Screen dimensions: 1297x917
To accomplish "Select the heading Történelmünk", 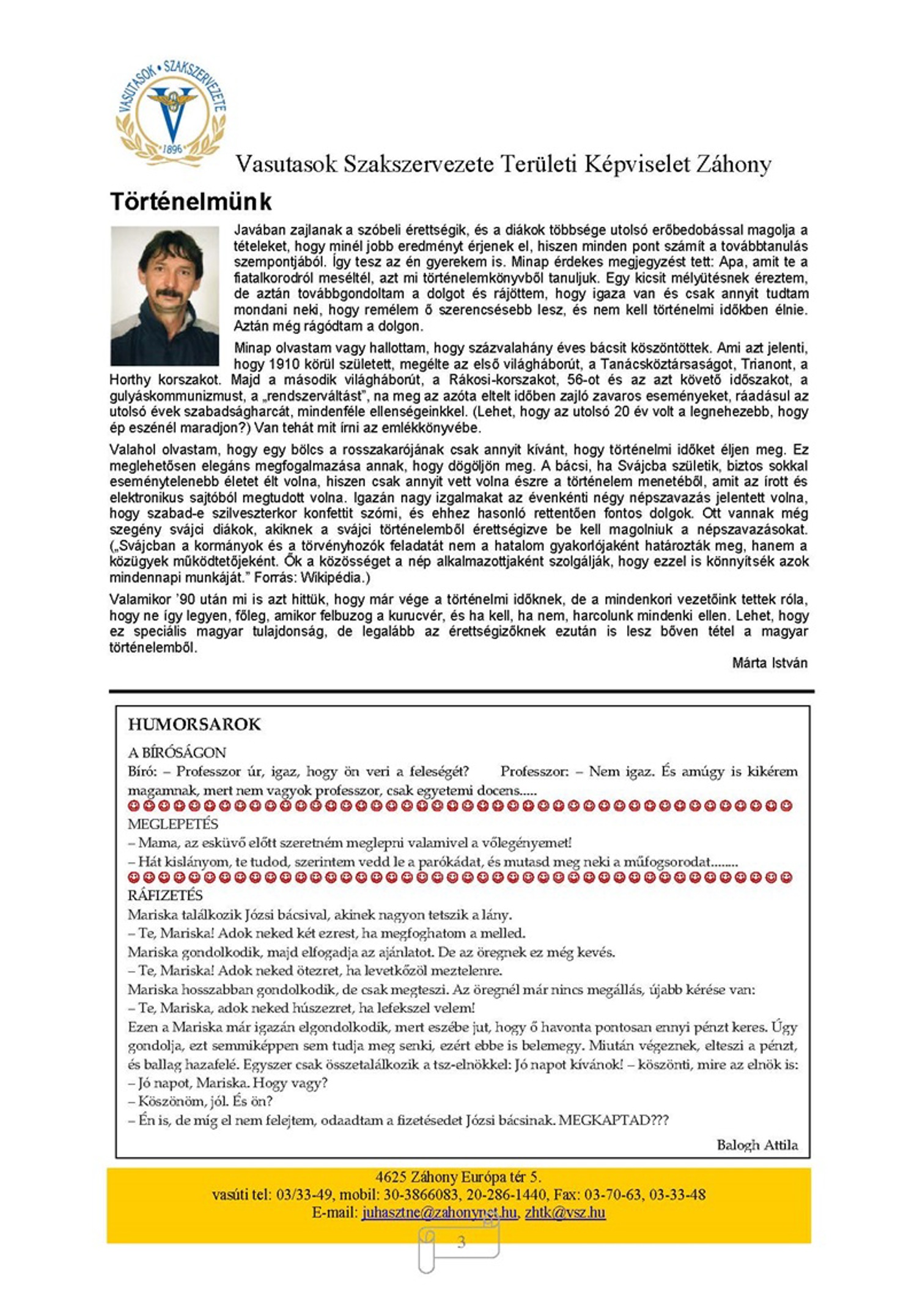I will (x=191, y=202).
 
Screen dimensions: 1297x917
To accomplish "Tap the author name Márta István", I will (x=769, y=663).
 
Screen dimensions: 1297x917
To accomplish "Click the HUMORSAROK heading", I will (x=194, y=725).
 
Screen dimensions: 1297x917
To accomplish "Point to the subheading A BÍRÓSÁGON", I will (x=177, y=753).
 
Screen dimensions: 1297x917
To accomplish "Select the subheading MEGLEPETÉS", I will (x=172, y=824).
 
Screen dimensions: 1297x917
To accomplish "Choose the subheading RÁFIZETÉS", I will (x=165, y=896).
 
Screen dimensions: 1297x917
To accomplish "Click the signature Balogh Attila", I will (x=757, y=1145).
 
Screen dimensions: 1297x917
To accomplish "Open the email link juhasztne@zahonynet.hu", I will (x=439, y=1213).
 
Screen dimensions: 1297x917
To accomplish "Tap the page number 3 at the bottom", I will (x=461, y=1242).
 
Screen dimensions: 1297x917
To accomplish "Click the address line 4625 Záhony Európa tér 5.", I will (x=458, y=1177).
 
